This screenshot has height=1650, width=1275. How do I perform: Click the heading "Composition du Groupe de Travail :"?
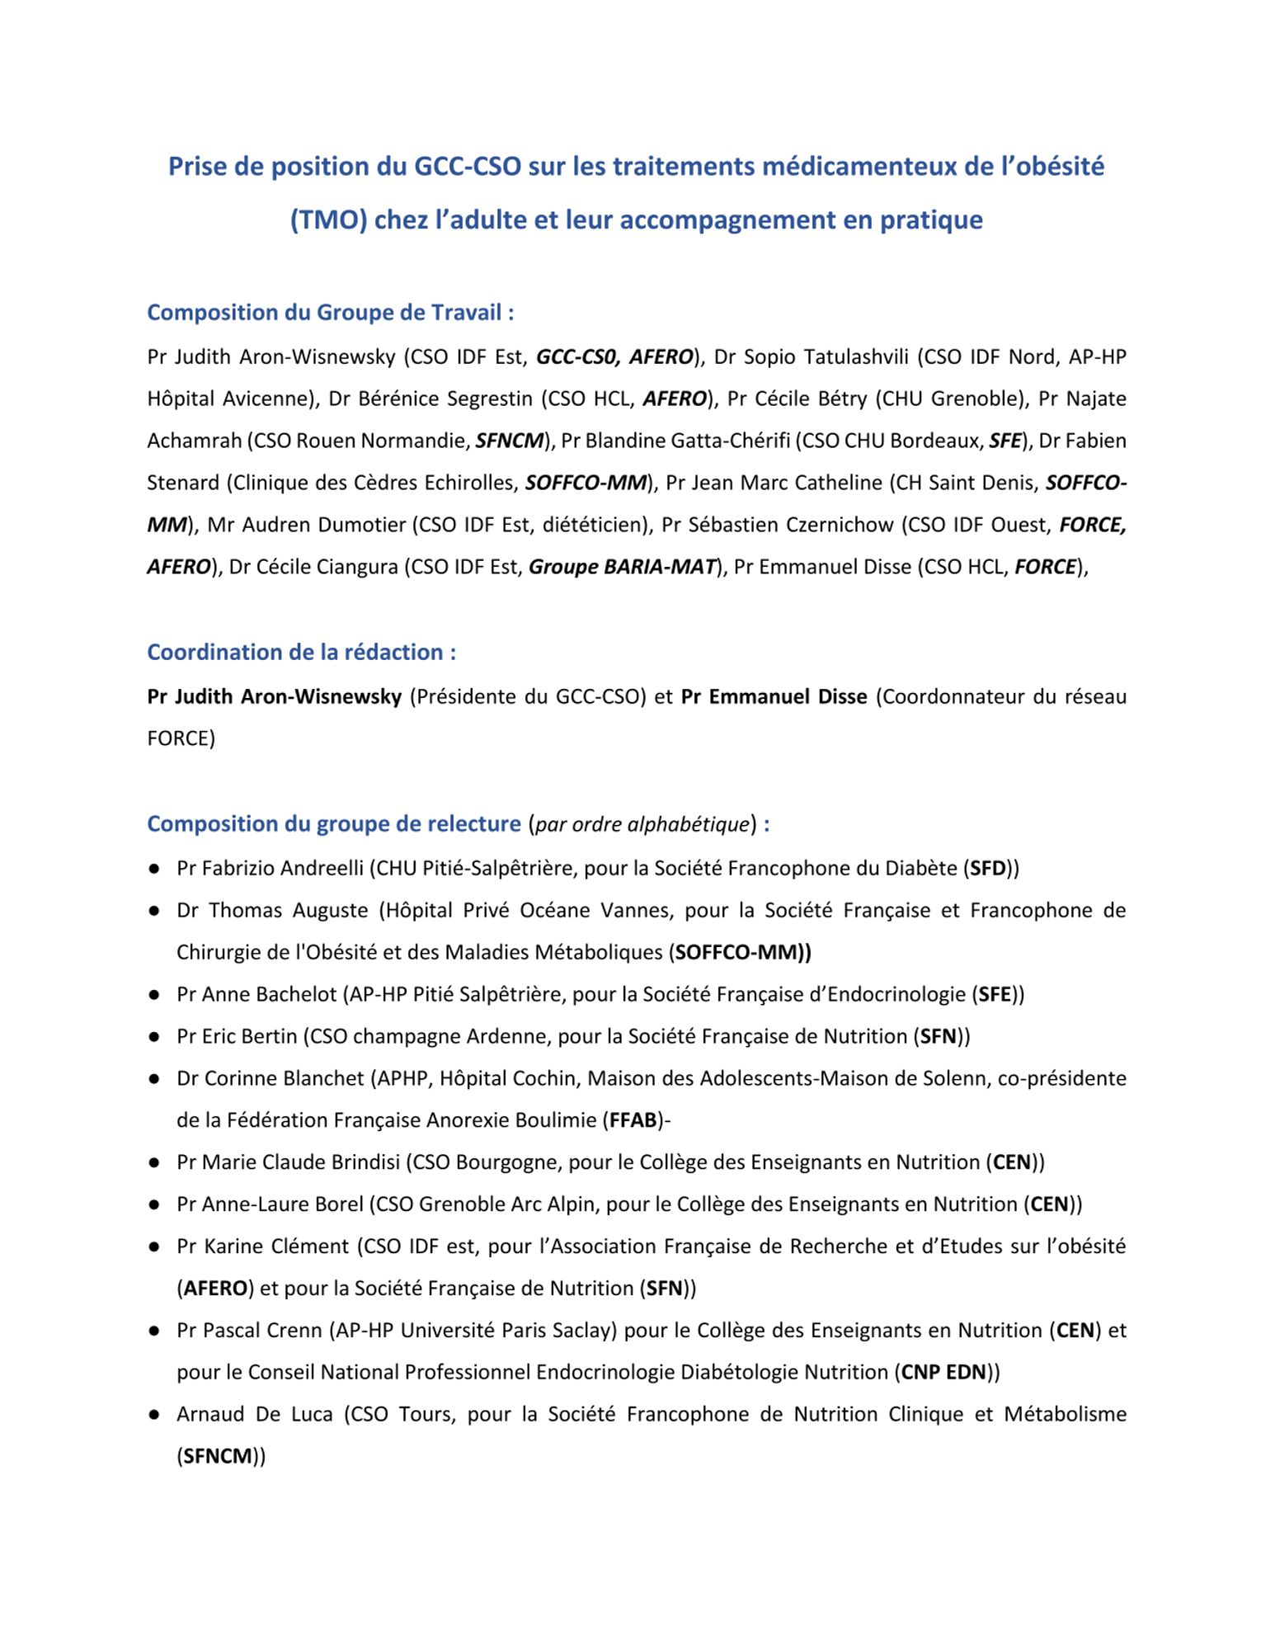point(331,313)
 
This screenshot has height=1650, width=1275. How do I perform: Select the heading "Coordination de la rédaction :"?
point(301,652)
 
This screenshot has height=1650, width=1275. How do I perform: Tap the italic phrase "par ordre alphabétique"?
point(643,824)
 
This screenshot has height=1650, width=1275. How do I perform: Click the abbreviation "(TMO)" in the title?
point(328,220)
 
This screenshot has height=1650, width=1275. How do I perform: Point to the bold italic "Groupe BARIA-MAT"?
point(622,567)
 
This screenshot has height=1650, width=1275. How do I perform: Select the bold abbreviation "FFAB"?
point(633,1120)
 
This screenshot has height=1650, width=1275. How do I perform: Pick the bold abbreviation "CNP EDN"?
point(943,1372)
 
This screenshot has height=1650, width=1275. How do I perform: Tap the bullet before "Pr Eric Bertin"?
point(154,1036)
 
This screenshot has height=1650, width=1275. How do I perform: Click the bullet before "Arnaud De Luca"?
point(154,1414)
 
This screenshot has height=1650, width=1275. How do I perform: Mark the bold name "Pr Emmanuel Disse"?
point(774,696)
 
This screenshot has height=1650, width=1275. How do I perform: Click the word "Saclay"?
point(585,1330)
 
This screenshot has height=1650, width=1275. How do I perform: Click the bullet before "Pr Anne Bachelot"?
point(154,994)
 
